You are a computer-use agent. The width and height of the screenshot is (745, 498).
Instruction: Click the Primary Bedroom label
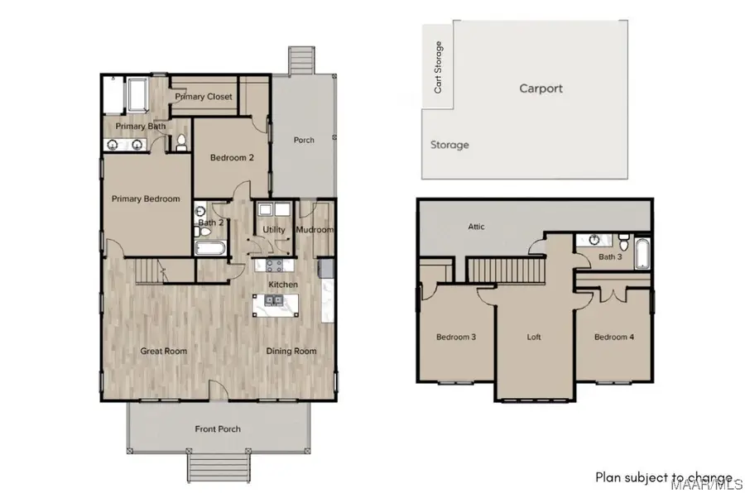point(146,199)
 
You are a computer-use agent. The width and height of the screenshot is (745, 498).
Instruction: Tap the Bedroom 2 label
point(231,158)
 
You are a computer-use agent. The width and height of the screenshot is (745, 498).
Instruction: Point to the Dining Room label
point(291,351)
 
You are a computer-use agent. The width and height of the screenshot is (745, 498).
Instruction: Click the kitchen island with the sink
point(276,307)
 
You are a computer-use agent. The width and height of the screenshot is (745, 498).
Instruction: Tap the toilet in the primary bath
point(180,142)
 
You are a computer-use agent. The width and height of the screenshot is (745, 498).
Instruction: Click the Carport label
point(541,88)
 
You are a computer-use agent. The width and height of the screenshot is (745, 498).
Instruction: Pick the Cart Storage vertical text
point(438,67)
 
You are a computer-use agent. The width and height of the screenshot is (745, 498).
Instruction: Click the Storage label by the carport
point(449,145)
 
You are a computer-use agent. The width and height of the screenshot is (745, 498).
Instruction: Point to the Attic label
point(476,227)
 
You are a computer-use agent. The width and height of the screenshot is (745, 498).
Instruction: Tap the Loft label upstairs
point(535,338)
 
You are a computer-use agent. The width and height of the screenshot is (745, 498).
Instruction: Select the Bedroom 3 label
point(456,337)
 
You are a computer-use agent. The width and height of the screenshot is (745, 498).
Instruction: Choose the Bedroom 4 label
point(613,337)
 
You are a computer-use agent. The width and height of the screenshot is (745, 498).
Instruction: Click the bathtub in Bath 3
point(642,252)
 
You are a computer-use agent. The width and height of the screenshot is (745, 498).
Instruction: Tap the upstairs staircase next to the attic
point(506,270)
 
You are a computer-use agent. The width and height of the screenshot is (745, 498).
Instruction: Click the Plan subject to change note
point(664,477)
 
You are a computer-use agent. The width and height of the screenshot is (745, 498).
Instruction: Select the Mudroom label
point(315,230)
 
